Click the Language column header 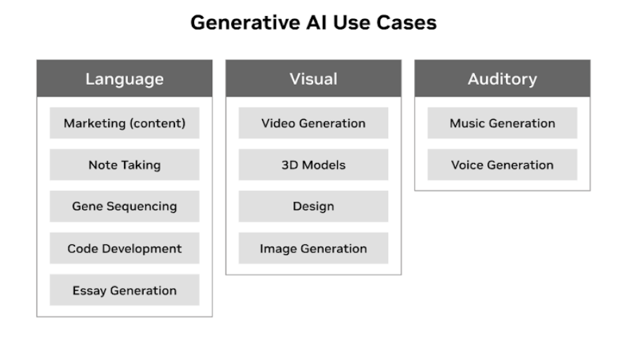124,78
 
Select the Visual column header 313,78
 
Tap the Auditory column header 502,78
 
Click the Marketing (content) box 124,123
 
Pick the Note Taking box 124,165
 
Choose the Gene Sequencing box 124,207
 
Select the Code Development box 124,249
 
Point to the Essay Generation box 124,290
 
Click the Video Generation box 313,123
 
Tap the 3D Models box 313,165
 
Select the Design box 313,207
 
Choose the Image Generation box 313,249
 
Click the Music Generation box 502,123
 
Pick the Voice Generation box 502,165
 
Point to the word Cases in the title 408,23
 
